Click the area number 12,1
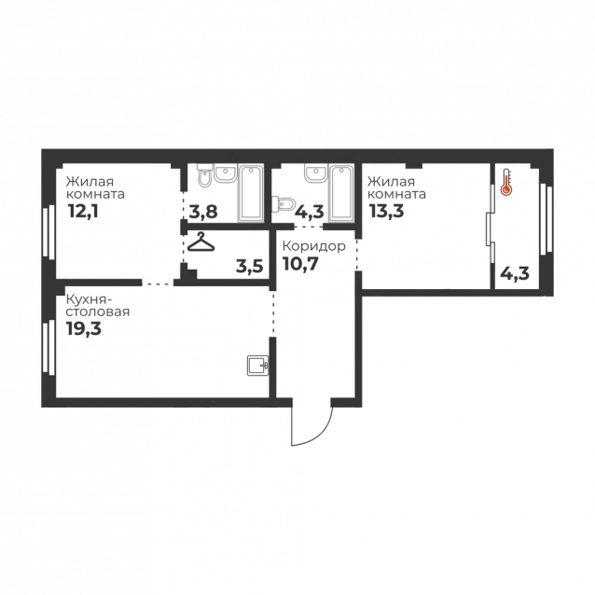click(83, 211)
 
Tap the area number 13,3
click(387, 211)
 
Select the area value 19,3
click(84, 328)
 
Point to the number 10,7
click(300, 264)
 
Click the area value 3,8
click(203, 212)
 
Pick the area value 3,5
click(249, 267)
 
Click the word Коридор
click(313, 246)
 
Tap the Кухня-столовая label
click(98, 306)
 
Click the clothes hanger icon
click(201, 242)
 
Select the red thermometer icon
click(505, 183)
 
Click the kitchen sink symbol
click(258, 366)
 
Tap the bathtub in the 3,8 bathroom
click(251, 193)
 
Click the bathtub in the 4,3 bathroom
click(341, 193)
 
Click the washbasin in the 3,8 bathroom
click(226, 173)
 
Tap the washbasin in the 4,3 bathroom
click(315, 173)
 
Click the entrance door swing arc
click(322, 435)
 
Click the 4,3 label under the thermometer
click(515, 273)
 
